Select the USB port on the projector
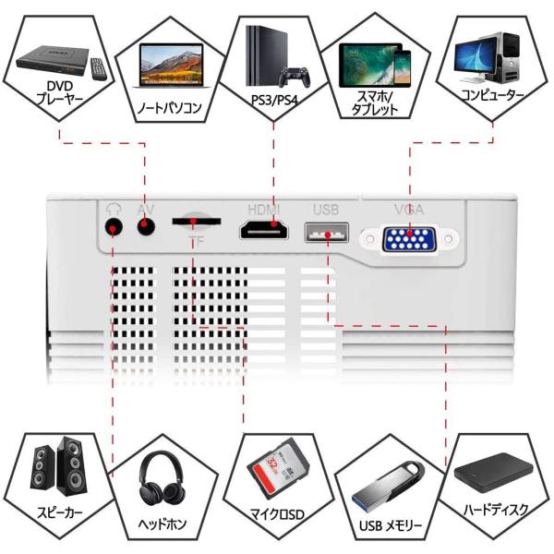(325, 232)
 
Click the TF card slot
(196, 222)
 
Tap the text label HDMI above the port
(262, 209)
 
